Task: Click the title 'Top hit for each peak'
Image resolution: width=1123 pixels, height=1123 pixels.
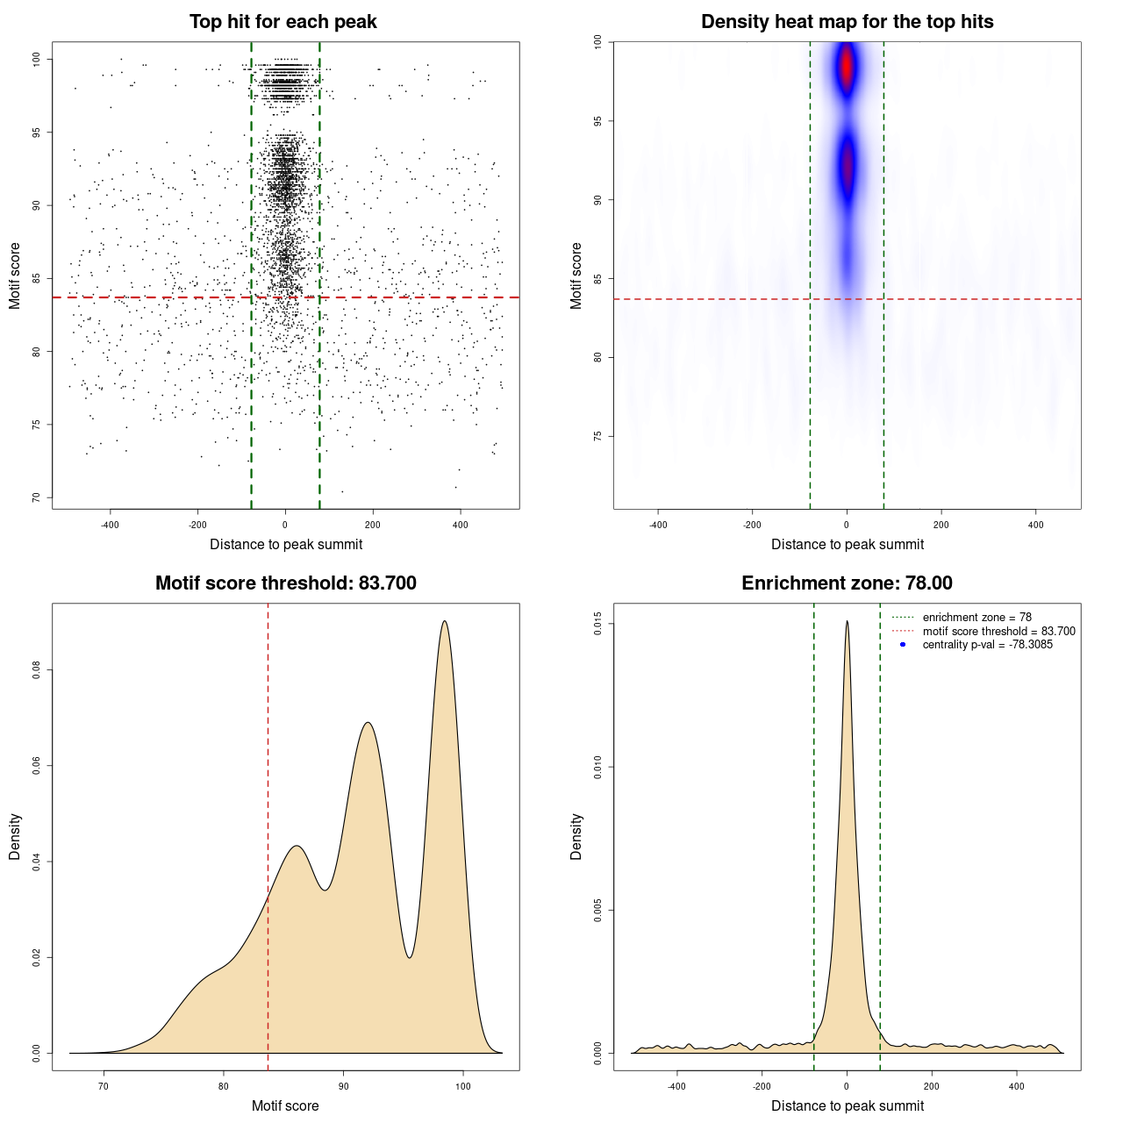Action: click(x=283, y=22)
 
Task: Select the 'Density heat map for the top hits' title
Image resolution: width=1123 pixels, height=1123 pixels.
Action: click(x=847, y=22)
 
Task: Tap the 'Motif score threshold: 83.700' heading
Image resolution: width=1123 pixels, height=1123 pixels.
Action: click(x=285, y=583)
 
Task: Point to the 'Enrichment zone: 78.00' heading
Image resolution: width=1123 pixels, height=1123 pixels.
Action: click(x=847, y=583)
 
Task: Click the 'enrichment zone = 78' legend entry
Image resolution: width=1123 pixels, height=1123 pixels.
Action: click(x=976, y=618)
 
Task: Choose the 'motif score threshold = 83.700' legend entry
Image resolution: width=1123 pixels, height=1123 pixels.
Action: click(x=998, y=632)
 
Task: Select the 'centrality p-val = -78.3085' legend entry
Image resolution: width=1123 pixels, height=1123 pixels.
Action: click(x=987, y=645)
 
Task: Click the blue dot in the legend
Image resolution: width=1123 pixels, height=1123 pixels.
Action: click(x=903, y=645)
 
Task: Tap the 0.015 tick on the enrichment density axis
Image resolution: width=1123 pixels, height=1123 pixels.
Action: click(x=598, y=624)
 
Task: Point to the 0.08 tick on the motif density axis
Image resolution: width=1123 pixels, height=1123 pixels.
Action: click(x=37, y=670)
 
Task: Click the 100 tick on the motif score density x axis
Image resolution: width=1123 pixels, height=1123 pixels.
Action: click(x=463, y=1086)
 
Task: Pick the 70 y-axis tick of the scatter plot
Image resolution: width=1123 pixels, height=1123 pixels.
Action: click(x=37, y=497)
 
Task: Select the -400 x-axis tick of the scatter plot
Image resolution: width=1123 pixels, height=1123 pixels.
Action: click(x=110, y=525)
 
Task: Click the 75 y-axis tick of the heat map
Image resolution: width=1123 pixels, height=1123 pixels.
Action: click(x=598, y=436)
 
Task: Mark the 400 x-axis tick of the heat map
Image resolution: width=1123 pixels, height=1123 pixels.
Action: click(x=1036, y=525)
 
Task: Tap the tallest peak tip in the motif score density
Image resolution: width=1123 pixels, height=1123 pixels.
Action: click(x=445, y=621)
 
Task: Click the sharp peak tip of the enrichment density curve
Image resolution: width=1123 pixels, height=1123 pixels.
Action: click(x=847, y=621)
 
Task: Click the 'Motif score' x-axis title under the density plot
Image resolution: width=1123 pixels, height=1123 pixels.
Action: click(x=285, y=1105)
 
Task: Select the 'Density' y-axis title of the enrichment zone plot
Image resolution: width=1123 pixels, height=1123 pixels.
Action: click(x=576, y=836)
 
